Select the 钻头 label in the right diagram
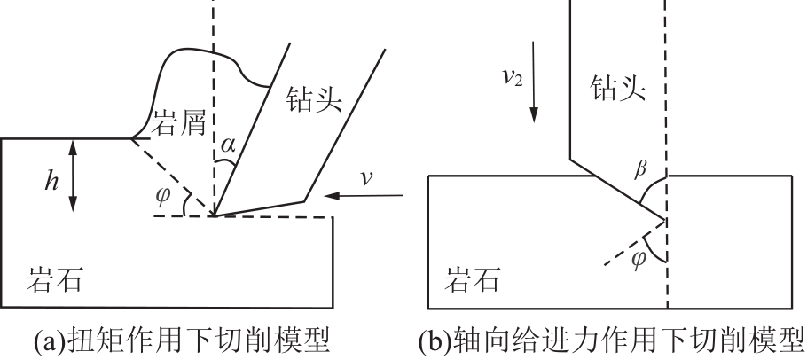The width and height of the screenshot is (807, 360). pos(619,87)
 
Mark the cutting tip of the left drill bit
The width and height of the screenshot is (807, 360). pos(214,215)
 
